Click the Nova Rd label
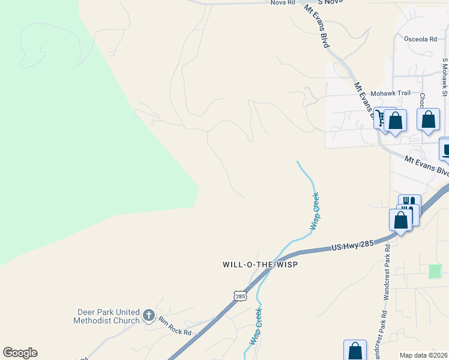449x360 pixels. (x=283, y=3)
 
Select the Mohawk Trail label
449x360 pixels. (x=390, y=93)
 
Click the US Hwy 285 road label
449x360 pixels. (x=353, y=245)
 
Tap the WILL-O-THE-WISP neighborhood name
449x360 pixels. (x=260, y=264)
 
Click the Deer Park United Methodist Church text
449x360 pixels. (x=109, y=316)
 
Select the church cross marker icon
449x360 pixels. (x=149, y=315)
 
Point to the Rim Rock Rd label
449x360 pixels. (x=175, y=328)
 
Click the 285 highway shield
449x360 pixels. (x=240, y=296)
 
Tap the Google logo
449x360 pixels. (x=20, y=353)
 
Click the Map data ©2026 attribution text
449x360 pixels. (x=424, y=355)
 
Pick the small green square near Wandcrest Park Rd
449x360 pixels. (x=435, y=271)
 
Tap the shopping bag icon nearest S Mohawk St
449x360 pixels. (x=428, y=119)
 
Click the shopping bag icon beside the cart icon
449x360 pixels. (x=396, y=120)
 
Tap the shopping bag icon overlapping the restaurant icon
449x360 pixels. (x=400, y=219)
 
